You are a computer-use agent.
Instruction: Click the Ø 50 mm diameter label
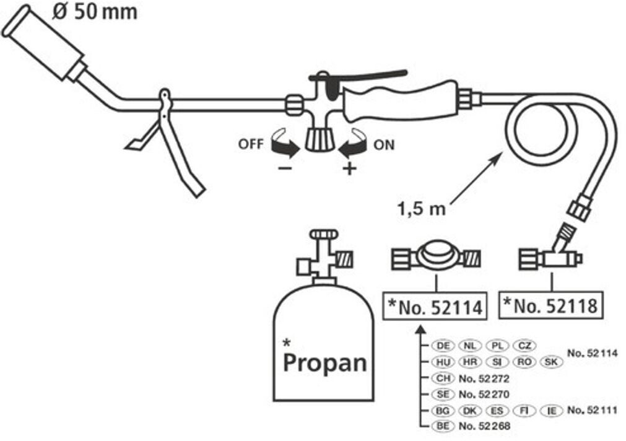point(95,12)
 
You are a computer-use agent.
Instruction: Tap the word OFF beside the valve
point(251,144)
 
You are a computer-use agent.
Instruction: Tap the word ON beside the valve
point(384,144)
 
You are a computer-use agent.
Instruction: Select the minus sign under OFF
point(285,168)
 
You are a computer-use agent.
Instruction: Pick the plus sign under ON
point(349,168)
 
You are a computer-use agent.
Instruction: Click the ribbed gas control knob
point(320,139)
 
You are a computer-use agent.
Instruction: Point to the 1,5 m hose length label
point(421,209)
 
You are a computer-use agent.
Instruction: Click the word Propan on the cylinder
point(324,363)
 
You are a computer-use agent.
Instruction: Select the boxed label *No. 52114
point(435,307)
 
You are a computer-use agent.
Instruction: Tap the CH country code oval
point(443,378)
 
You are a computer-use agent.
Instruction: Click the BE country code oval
point(443,426)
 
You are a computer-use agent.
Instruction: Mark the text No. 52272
point(484,378)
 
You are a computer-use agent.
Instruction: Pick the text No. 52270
point(484,395)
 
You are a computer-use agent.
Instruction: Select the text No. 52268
point(484,426)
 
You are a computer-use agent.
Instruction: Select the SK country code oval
point(551,362)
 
